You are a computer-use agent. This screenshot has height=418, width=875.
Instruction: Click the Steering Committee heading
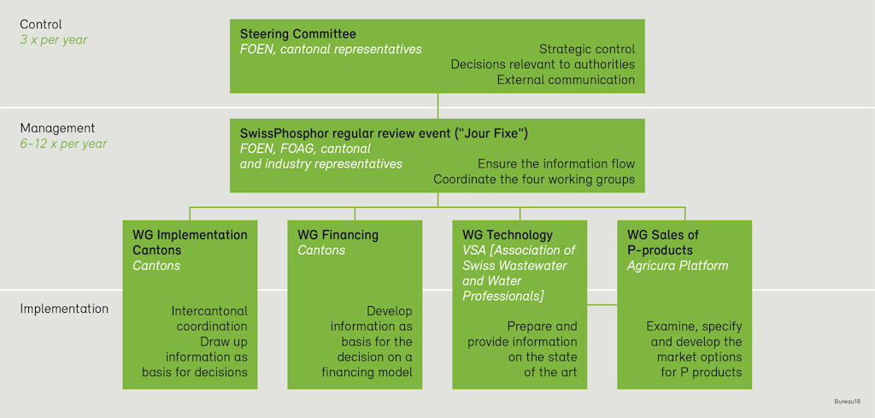[297, 34]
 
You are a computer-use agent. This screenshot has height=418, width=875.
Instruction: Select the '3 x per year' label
[53, 39]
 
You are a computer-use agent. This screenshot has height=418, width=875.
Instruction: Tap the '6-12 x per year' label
[64, 144]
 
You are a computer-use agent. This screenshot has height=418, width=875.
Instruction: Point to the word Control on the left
[41, 25]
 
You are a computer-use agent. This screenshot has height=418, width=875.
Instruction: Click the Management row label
[57, 128]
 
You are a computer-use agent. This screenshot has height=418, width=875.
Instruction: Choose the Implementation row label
[64, 309]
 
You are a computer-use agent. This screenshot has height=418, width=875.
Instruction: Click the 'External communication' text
[566, 79]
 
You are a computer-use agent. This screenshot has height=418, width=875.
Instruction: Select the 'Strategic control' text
[587, 50]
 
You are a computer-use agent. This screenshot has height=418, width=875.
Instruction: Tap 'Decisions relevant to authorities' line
[543, 64]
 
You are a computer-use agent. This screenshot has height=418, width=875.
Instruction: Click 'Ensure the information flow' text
[555, 164]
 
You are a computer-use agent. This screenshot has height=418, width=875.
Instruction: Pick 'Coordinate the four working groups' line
[534, 180]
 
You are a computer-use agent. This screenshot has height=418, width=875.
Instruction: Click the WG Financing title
[338, 235]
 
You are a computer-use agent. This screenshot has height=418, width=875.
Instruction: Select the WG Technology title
[508, 235]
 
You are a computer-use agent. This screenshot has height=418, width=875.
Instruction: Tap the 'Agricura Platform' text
[678, 266]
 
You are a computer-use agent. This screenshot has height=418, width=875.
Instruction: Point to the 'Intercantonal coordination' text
[209, 318]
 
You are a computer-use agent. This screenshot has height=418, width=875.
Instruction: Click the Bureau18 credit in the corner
[848, 401]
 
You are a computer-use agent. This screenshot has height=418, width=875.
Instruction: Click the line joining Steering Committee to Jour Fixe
[437, 105]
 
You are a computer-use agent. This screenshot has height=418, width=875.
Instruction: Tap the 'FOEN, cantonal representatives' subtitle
[331, 50]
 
